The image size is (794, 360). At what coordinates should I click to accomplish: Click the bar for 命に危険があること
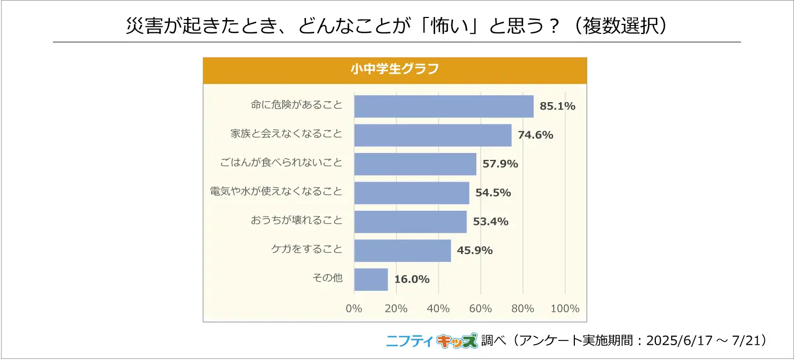point(444,106)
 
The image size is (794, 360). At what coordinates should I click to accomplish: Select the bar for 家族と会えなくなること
point(432,135)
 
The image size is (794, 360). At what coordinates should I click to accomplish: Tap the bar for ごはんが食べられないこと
point(415,164)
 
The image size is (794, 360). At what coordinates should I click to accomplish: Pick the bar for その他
point(371,279)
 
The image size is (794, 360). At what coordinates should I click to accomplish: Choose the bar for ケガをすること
point(402,250)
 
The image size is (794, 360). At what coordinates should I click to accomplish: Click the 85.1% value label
point(557,106)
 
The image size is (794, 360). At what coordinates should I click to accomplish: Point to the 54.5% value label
point(493,193)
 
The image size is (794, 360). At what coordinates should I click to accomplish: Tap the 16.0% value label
point(412,279)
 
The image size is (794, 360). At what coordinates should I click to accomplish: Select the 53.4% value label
point(491,221)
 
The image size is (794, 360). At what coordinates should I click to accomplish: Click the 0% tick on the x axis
point(354,309)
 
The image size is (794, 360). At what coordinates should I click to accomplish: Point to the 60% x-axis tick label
point(481,309)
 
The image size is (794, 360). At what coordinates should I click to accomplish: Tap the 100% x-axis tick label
point(565,309)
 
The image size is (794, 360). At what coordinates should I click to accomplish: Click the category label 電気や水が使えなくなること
point(276,192)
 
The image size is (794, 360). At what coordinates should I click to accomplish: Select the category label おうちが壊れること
point(296,220)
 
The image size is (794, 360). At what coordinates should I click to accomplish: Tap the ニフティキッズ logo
point(431,341)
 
